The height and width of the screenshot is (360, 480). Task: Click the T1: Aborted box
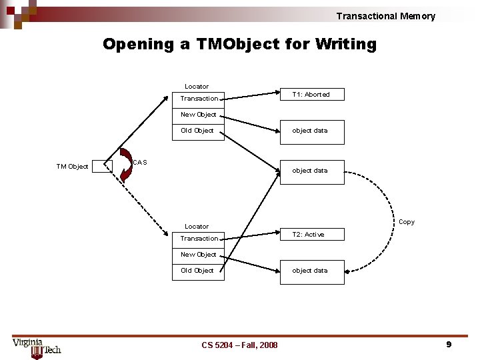pos(311,95)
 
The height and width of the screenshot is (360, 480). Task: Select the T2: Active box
pos(311,235)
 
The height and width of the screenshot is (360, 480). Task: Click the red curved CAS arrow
pos(126,165)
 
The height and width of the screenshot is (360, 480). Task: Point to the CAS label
pos(140,163)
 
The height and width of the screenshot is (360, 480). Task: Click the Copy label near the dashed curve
pos(406,222)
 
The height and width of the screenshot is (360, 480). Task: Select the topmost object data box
pos(311,131)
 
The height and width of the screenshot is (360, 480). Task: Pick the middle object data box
pos(311,171)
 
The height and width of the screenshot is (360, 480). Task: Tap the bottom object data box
pos(311,271)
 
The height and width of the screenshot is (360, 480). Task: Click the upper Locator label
pos(197,87)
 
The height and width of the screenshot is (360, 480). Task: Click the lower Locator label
pos(197,227)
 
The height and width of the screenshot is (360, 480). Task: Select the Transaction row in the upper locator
pos(199,99)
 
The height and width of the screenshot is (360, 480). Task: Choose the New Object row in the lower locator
pos(199,255)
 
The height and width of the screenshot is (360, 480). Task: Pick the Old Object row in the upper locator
pos(197,131)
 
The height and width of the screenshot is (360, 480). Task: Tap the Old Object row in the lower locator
pos(197,271)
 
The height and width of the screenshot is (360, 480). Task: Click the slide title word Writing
pos(345,45)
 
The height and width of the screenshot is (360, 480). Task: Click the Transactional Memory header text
pos(385,16)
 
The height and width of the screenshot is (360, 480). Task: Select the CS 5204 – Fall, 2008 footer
pos(239,345)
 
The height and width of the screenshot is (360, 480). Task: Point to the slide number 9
pos(449,344)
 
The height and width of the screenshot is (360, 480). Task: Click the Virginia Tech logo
pos(37,346)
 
